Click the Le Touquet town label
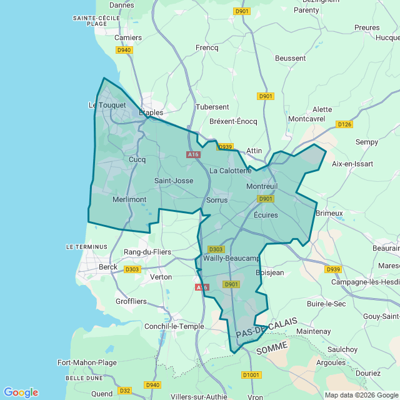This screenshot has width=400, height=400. click(x=107, y=105)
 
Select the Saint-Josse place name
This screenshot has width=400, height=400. click(x=174, y=181)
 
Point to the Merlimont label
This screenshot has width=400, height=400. click(x=129, y=199)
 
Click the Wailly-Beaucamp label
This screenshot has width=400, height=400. click(x=231, y=258)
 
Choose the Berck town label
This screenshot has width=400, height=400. click(x=108, y=267)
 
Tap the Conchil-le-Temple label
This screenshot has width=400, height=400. click(x=174, y=326)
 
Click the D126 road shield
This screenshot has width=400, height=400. click(x=344, y=124)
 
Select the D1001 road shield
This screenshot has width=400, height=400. click(x=251, y=374)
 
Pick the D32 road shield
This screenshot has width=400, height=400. click(x=124, y=391)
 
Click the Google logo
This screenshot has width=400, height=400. click(x=21, y=392)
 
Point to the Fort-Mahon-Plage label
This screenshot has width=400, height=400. click(x=87, y=362)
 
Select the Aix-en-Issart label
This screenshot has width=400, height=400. click(x=353, y=164)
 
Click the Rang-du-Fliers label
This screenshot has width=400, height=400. click(x=147, y=252)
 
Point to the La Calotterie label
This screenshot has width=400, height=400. click(x=231, y=171)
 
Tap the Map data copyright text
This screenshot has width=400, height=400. click(x=361, y=394)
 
